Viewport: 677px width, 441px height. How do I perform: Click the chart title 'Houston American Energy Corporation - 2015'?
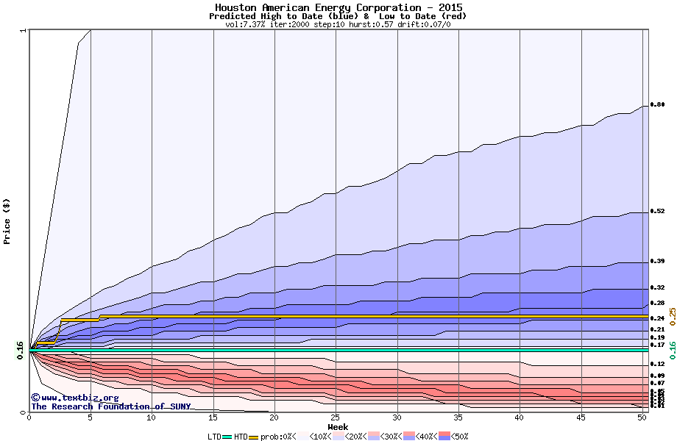pyautogui.click(x=338, y=7)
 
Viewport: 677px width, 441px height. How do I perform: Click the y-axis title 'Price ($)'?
pyautogui.click(x=7, y=221)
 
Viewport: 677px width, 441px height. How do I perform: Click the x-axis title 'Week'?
pyautogui.click(x=338, y=427)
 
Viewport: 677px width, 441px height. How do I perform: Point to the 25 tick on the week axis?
pyautogui.click(x=336, y=417)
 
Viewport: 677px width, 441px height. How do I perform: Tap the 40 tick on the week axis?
pyautogui.click(x=520, y=417)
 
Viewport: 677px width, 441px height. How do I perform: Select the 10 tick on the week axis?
pyautogui.click(x=152, y=417)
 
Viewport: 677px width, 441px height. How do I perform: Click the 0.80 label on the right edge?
pyautogui.click(x=658, y=105)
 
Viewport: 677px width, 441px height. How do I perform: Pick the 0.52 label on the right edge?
pyautogui.click(x=658, y=212)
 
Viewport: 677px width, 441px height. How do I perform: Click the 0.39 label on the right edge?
pyautogui.click(x=658, y=262)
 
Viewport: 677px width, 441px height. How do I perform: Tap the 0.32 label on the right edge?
pyautogui.click(x=658, y=287)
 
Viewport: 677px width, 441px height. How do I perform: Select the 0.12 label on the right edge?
pyautogui.click(x=658, y=364)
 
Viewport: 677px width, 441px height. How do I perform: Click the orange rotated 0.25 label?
pyautogui.click(x=672, y=316)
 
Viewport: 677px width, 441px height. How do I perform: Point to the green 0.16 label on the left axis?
pyautogui.click(x=21, y=351)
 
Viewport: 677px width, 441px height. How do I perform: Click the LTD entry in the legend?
pyautogui.click(x=215, y=436)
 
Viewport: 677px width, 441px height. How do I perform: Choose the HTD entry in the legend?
pyautogui.click(x=241, y=436)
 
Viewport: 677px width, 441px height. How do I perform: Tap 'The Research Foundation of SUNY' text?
pyautogui.click(x=110, y=406)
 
